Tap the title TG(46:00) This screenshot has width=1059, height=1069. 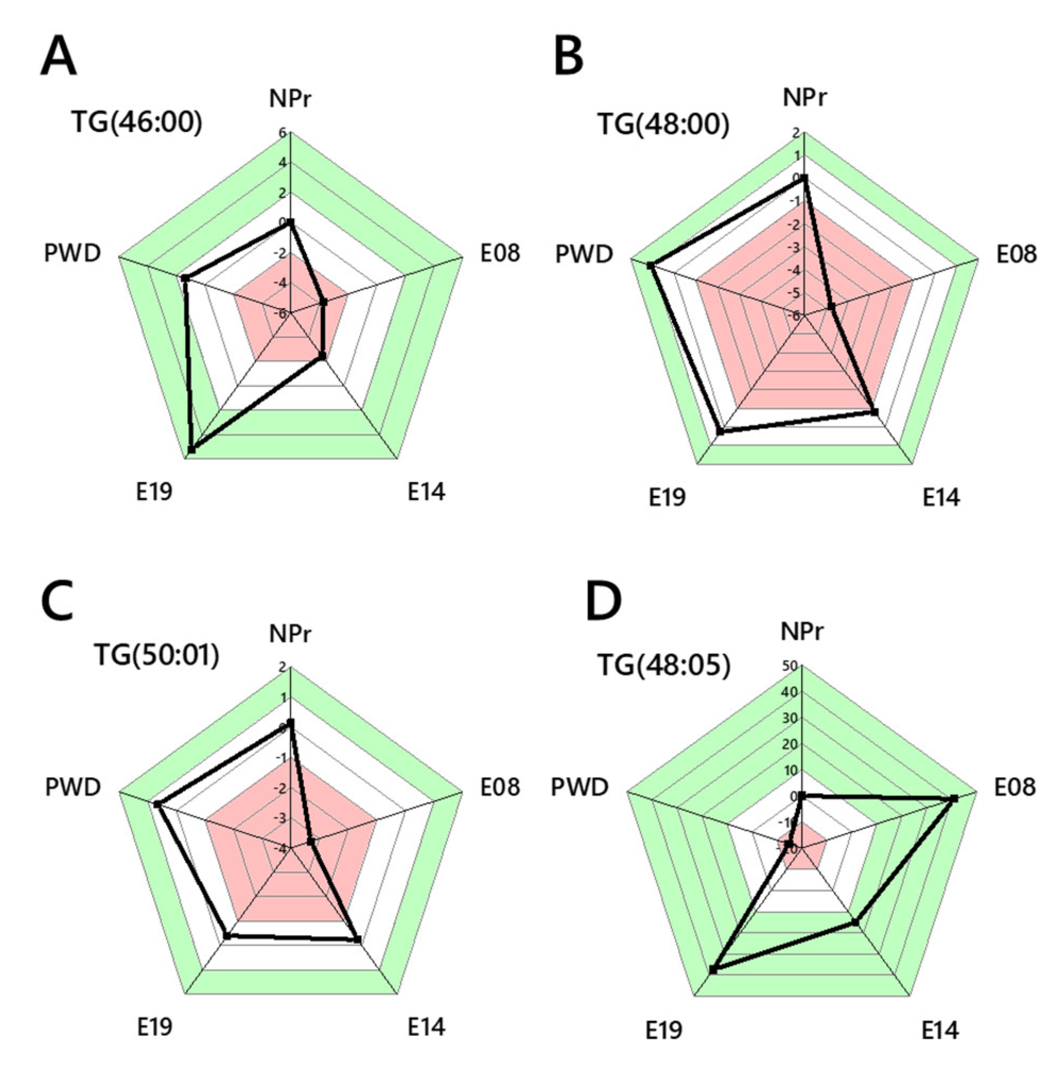[x=137, y=122]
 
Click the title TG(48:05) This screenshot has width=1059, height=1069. [x=665, y=665]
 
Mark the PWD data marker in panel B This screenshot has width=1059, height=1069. [x=651, y=266]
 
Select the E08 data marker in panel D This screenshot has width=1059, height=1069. [x=953, y=798]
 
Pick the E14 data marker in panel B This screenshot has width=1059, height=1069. [x=875, y=412]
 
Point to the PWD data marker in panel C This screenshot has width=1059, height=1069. [x=157, y=804]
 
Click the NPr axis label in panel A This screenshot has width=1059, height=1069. [x=290, y=99]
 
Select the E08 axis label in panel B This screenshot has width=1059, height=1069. [x=1016, y=254]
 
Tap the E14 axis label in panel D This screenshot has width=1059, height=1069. [x=939, y=1030]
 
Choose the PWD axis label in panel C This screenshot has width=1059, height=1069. [x=73, y=786]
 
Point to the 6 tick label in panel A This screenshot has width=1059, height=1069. [x=282, y=133]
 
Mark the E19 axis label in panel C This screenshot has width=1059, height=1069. [x=155, y=1026]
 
